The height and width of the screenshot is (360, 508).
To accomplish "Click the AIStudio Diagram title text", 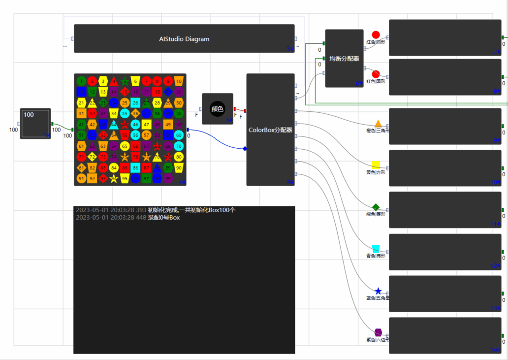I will [184, 39].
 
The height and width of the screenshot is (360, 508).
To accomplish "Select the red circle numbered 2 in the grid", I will [92, 81].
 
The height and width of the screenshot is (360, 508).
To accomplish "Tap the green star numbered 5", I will [125, 81].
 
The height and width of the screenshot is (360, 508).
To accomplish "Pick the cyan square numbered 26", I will [135, 103].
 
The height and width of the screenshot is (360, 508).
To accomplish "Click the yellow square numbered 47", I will [146, 125].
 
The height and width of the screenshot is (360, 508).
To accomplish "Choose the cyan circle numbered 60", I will [179, 135].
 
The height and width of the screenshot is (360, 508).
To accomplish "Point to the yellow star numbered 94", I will [114, 178].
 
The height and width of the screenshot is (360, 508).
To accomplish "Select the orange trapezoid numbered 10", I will [179, 81].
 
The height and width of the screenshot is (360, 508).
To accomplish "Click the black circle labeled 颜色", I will [217, 109].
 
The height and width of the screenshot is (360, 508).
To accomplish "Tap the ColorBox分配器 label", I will [270, 130].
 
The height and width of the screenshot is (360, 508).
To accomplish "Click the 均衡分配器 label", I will [344, 58].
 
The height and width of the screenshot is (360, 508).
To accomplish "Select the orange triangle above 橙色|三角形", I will [378, 123].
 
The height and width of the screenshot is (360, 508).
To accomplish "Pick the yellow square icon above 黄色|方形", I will [376, 165].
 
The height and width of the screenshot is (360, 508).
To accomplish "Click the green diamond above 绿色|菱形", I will [376, 207].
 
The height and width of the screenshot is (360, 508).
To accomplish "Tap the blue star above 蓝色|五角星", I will [378, 291].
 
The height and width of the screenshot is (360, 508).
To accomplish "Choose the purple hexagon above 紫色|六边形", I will [378, 332].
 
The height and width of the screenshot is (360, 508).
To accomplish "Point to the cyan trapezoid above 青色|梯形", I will [376, 249].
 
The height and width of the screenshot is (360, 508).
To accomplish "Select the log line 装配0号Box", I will [163, 218].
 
